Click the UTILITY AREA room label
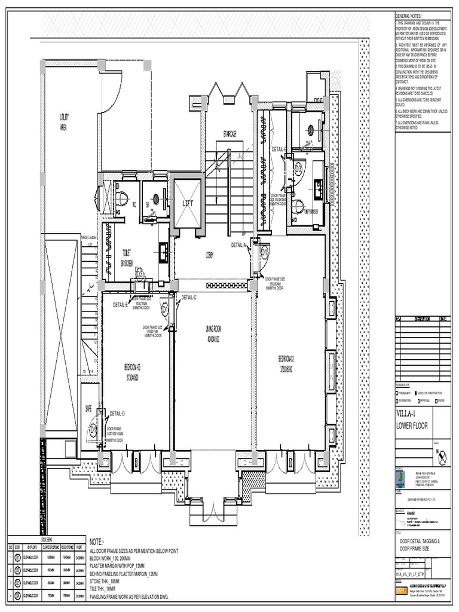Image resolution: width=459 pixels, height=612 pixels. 63,122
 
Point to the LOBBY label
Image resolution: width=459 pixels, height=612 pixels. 210,255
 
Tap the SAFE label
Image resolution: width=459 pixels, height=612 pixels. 88,409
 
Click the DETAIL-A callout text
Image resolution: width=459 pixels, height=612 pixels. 239,245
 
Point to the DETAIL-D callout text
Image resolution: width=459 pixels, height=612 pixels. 117,413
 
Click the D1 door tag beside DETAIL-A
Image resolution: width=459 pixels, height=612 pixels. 264,253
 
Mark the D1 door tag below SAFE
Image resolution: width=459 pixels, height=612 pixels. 93,429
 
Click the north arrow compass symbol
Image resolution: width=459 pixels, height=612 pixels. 442,457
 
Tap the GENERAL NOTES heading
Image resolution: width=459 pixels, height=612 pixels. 409,15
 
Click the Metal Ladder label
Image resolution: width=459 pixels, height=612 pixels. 88,237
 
